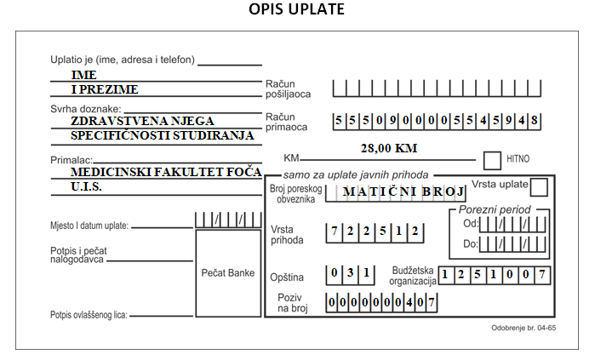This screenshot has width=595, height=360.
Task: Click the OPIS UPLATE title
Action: point(296,9)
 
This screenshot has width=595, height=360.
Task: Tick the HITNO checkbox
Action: point(492,161)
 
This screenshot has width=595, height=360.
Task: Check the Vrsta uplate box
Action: point(539,187)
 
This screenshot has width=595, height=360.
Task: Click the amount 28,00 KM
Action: point(389,148)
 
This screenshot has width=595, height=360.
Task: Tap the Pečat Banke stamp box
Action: point(228,273)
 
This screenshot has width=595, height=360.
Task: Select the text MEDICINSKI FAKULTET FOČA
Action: point(166,172)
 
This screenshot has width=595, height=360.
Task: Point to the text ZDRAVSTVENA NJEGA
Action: point(142,121)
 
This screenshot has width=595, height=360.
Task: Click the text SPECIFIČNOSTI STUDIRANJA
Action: point(162,135)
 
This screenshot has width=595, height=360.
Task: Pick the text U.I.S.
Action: point(86,186)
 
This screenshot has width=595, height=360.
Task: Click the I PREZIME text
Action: point(105,89)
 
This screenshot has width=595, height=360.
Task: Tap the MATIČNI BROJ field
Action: point(396,192)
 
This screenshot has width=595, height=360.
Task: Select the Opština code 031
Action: point(350,275)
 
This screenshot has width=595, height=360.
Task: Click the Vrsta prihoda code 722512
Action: point(375,233)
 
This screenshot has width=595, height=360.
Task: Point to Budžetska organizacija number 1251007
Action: point(494,275)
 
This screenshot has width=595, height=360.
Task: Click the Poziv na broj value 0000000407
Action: point(381,303)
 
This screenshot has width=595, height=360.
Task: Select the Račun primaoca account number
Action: point(437,122)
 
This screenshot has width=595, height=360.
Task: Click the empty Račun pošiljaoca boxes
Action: point(437,89)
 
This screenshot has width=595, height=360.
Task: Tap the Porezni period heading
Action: point(495,209)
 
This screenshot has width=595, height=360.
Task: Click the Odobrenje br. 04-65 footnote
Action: point(523,328)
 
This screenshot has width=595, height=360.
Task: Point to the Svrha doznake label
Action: point(86,109)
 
